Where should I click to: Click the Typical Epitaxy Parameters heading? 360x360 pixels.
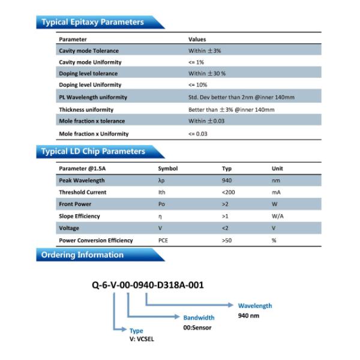click(92, 22)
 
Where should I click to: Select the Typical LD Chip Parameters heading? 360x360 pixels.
click(93, 152)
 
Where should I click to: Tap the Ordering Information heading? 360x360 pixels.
click(82, 255)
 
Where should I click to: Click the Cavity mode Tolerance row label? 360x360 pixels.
click(89, 51)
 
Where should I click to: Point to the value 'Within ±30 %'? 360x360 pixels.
click(207, 73)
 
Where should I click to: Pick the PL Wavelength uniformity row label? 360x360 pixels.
click(93, 97)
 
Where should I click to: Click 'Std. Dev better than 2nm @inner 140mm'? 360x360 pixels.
click(241, 97)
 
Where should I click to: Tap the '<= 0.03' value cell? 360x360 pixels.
click(198, 134)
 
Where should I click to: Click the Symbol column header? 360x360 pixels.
click(167, 169)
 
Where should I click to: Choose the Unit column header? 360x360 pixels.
click(277, 169)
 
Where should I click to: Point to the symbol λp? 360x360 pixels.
click(161, 181)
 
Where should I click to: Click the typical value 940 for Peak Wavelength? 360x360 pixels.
click(227, 181)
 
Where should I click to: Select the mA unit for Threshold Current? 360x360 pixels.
click(276, 193)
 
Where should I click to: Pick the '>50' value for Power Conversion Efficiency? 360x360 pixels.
click(227, 240)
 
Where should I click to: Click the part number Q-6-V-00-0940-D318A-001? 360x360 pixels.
click(147, 285)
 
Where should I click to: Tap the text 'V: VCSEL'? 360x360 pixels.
click(142, 338)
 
